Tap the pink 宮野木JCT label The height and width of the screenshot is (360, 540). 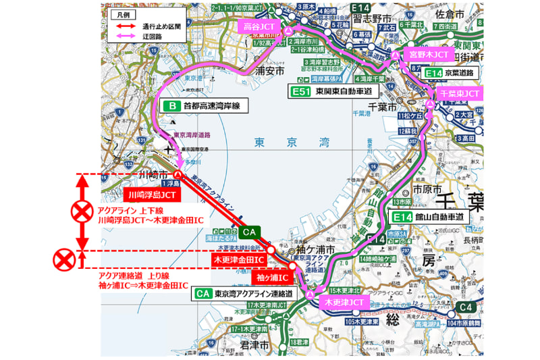click(429, 53)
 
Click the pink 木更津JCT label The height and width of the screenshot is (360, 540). click(344, 301)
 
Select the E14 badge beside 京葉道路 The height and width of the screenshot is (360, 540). click(436, 72)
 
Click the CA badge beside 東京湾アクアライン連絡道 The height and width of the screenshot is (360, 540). click(202, 294)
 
